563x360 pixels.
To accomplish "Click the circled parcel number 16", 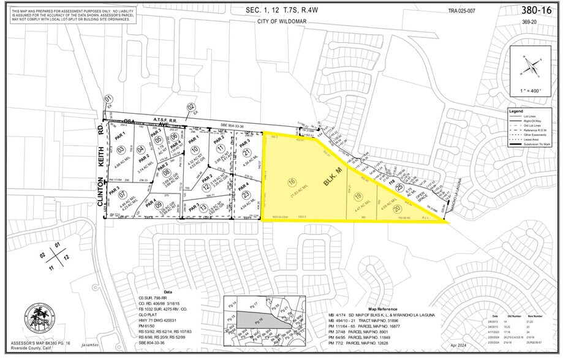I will pyautogui.click(x=292, y=182).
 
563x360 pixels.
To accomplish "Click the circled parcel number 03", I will pyautogui.click(x=121, y=150).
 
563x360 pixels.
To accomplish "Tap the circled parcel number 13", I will pyautogui.click(x=203, y=208).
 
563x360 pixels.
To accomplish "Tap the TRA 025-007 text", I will pyautogui.click(x=462, y=10).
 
